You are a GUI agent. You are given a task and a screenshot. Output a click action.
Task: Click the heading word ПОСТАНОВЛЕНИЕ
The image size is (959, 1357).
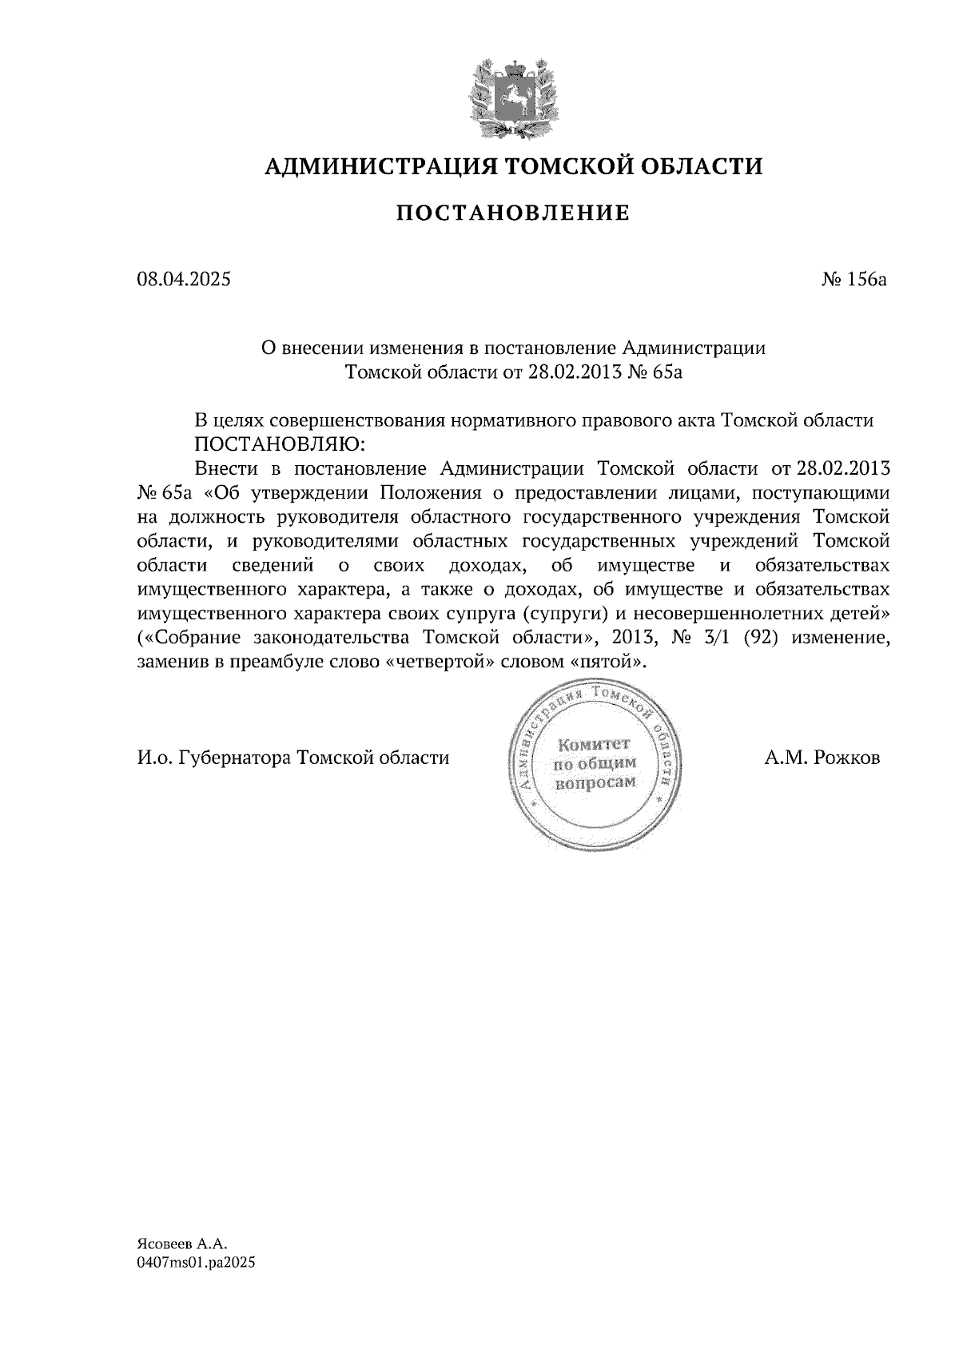(x=513, y=213)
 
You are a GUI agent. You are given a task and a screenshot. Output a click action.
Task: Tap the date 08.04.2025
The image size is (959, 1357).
(x=183, y=280)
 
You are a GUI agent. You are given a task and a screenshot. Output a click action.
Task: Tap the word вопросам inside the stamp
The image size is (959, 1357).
(x=596, y=782)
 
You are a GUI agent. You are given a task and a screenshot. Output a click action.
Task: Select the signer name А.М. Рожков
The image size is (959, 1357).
(x=822, y=758)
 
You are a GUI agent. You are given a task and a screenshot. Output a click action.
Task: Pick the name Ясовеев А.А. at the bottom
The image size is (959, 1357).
(x=183, y=1244)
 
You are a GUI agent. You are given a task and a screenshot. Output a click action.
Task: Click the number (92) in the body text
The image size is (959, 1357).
(x=762, y=639)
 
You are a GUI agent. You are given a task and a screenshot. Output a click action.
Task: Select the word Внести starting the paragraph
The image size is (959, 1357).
(x=224, y=468)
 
